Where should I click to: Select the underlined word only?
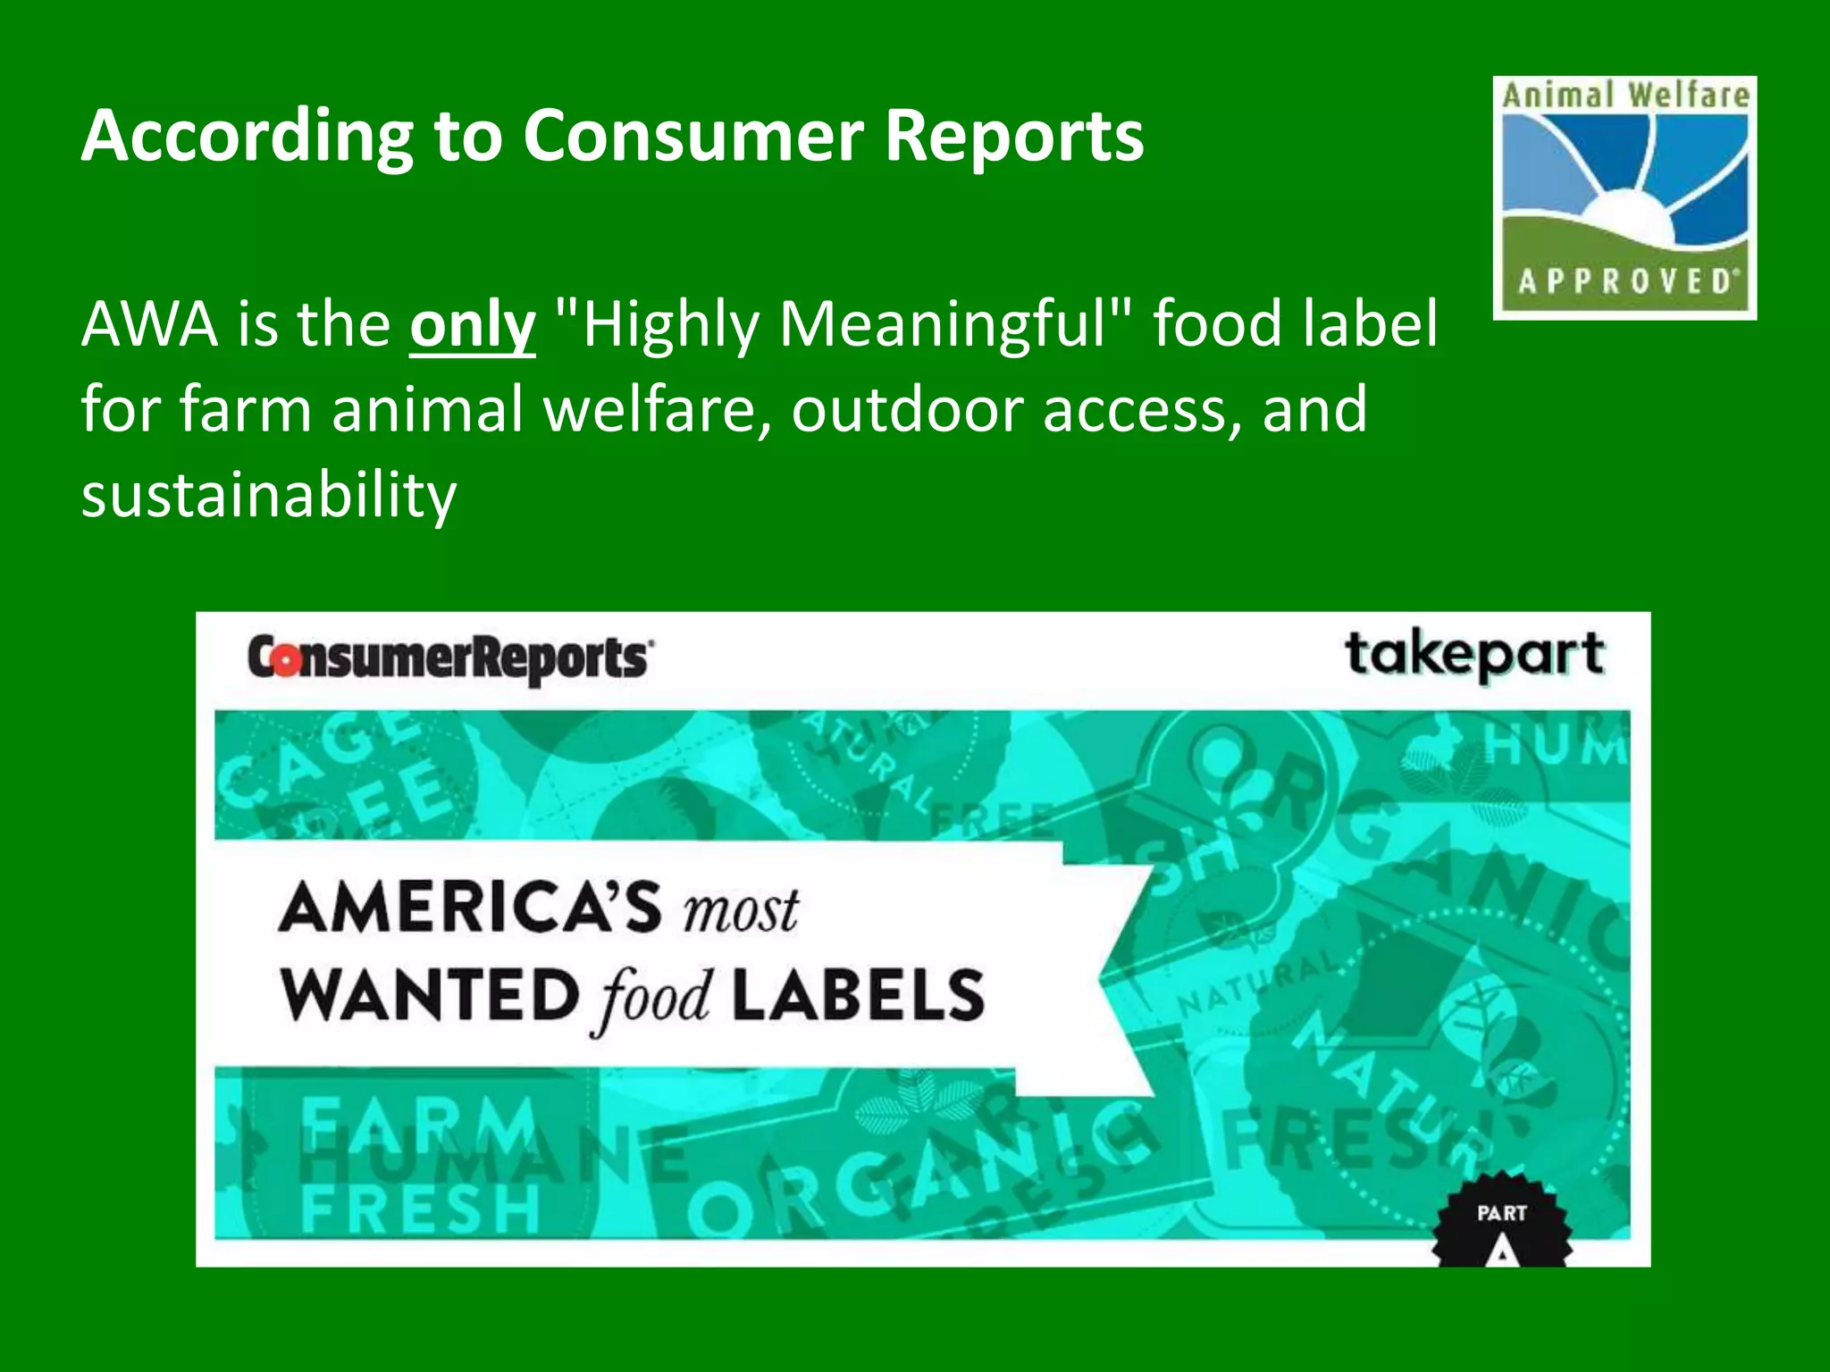click(x=472, y=324)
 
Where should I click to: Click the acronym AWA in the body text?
click(x=149, y=324)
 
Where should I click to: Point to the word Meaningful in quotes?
click(x=943, y=324)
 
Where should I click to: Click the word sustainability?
click(x=268, y=495)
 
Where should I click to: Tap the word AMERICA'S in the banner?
click(x=471, y=908)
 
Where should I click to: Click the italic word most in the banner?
click(x=741, y=911)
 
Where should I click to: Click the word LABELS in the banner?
click(x=858, y=995)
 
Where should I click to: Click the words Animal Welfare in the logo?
click(x=1625, y=95)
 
